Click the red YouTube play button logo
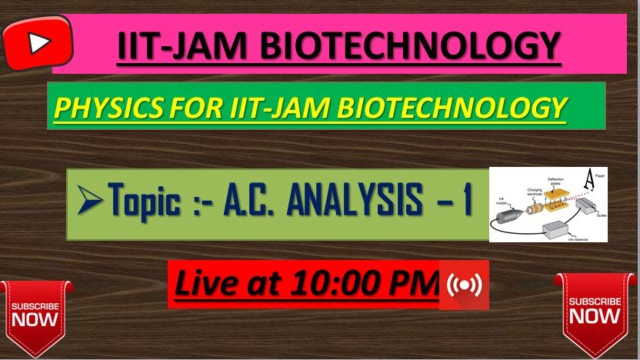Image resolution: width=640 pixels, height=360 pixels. coord(38,43)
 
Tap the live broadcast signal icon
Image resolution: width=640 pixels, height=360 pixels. coord(464,285)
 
